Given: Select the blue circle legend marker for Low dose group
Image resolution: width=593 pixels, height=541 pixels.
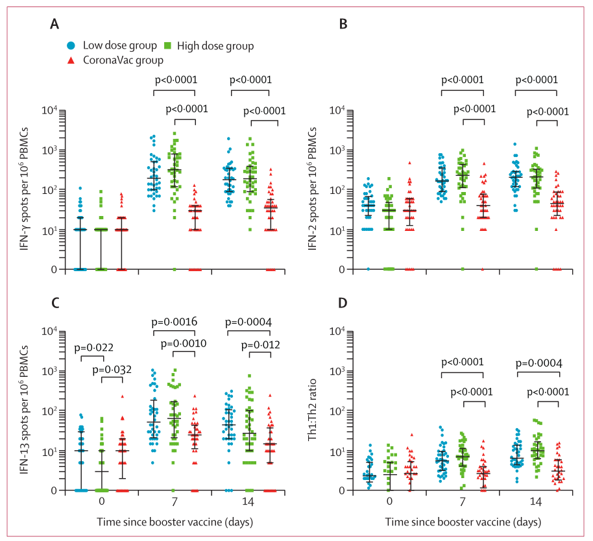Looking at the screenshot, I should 71,46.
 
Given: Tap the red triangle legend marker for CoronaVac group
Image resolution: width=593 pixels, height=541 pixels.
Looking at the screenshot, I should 71,60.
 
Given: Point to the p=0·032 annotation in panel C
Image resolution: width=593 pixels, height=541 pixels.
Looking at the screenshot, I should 121,370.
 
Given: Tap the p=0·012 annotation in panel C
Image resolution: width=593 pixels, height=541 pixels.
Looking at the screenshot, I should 262,344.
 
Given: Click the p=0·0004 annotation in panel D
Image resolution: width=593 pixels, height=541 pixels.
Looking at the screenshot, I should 538,363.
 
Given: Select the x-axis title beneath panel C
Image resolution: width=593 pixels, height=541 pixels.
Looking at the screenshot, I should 176,522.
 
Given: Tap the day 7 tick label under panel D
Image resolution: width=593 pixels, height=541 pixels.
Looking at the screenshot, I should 462,503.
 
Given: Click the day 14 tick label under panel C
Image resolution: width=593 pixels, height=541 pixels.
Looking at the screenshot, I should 249,503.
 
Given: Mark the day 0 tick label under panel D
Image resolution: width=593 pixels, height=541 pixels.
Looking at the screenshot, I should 388,503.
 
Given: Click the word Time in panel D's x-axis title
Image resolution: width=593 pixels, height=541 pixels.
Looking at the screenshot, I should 396,522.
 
